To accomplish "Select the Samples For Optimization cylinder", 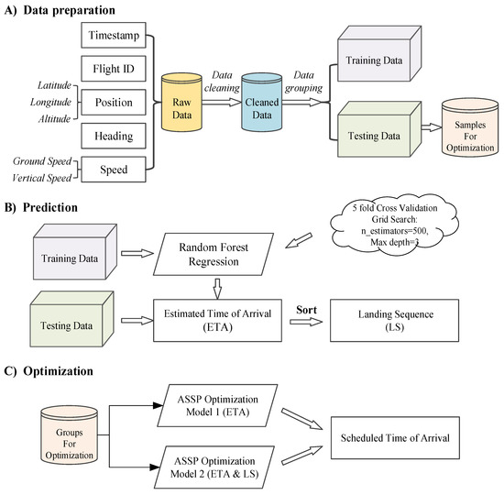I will pos(468,127).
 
